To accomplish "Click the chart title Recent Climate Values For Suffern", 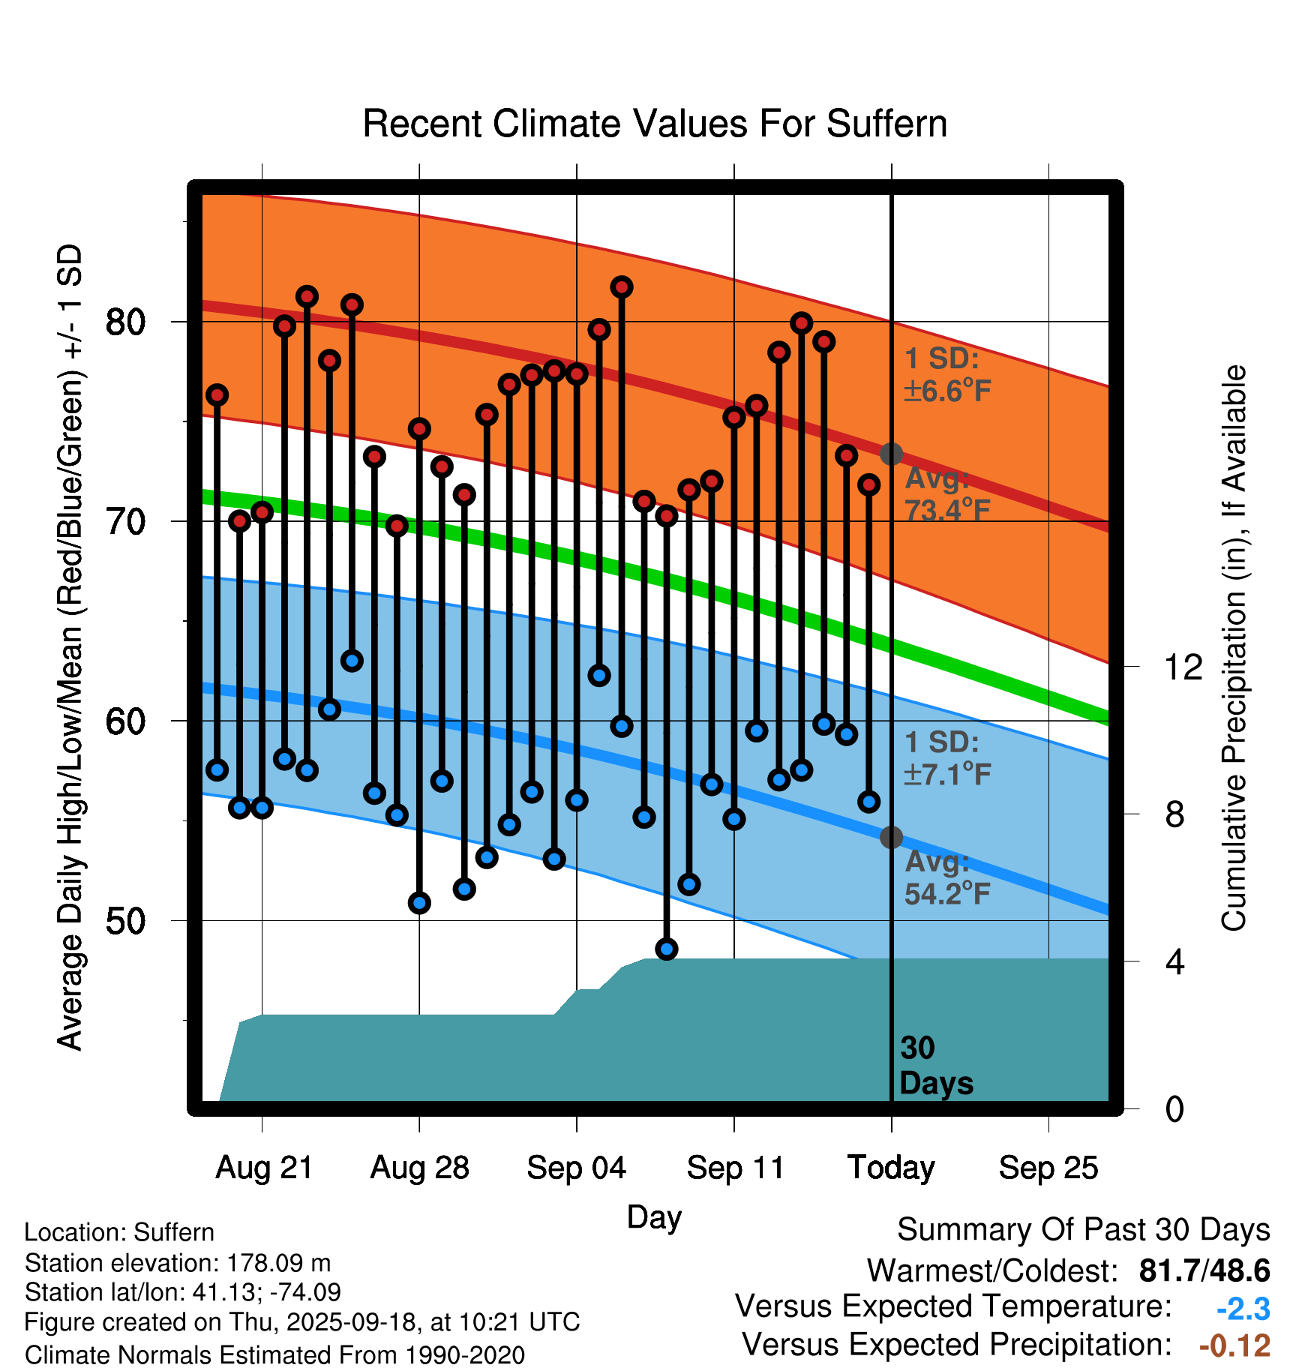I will coord(655,124).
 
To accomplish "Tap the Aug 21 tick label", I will coord(264,1168).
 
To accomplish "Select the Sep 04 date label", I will coord(576,1168).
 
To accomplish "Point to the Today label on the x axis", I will coord(891,1168).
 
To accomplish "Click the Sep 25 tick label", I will coord(1048,1168).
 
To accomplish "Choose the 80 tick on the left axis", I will coord(125,322).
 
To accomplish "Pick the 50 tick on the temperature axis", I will coord(125,921).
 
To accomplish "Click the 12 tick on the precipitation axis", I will coord(1183,667).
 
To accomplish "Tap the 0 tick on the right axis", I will coord(1174,1108).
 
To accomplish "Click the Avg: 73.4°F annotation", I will coord(947,494).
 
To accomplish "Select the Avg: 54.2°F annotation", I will coord(947,877).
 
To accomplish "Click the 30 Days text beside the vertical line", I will coord(935,1066).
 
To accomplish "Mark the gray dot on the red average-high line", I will coord(891,454).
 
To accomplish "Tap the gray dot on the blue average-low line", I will coord(891,837).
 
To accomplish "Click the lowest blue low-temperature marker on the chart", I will coord(667,949).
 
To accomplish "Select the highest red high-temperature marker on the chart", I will coord(622,287).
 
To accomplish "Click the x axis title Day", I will coord(654,1216).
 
